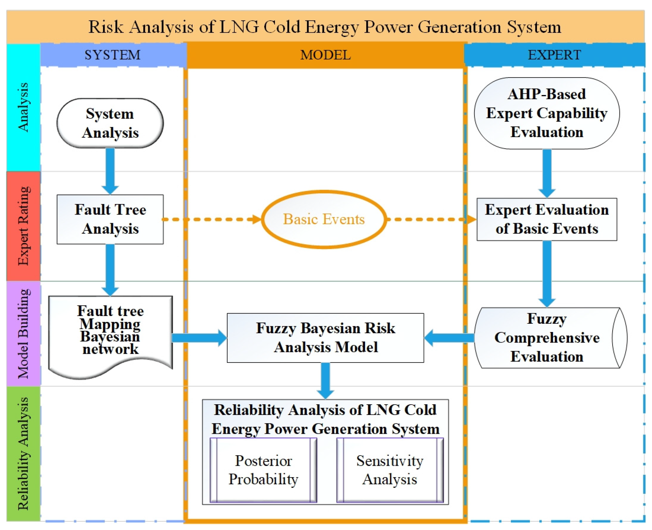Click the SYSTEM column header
(x=113, y=55)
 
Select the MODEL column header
(x=325, y=55)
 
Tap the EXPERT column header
(x=554, y=55)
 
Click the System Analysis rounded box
(x=110, y=123)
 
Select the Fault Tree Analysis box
(x=110, y=219)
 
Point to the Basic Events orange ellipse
(x=324, y=219)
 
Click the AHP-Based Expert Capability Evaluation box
(x=547, y=113)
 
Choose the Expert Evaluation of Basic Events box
(x=547, y=219)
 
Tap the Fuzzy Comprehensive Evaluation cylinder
(x=547, y=338)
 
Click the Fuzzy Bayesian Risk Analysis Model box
(x=325, y=338)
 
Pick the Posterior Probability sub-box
(x=263, y=470)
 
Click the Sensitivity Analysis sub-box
(x=390, y=470)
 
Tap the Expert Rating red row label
(x=24, y=226)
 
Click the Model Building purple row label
(x=24, y=334)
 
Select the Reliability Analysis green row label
(x=24, y=453)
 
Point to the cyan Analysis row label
(x=24, y=108)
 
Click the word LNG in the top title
(x=239, y=27)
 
